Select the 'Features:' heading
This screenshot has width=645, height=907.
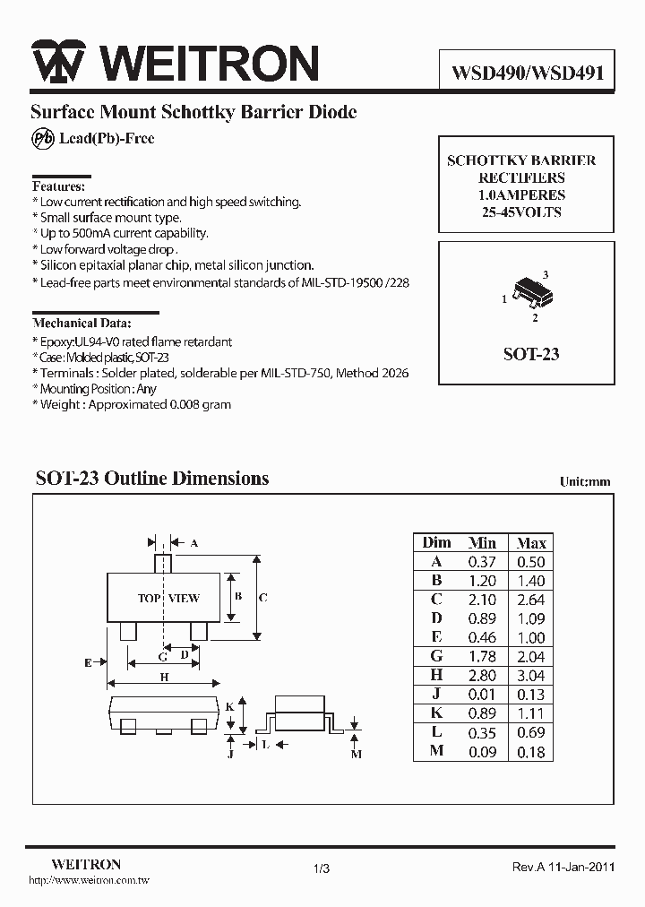tap(58, 186)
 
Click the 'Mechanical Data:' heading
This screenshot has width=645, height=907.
tap(82, 323)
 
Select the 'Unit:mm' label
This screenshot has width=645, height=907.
tap(585, 481)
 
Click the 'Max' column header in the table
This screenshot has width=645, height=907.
tap(531, 543)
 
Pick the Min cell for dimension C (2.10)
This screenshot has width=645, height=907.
tap(482, 600)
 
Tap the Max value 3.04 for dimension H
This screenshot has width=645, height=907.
tap(531, 676)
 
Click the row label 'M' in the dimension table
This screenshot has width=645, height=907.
tap(436, 752)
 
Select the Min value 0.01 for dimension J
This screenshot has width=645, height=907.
tap(482, 695)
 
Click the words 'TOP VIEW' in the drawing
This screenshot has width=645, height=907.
tap(168, 598)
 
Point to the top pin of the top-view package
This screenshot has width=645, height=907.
tap(162, 565)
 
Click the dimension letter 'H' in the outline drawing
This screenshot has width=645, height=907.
tap(164, 678)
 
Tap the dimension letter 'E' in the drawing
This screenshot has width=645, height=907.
tap(88, 662)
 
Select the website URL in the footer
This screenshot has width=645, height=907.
tap(90, 882)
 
